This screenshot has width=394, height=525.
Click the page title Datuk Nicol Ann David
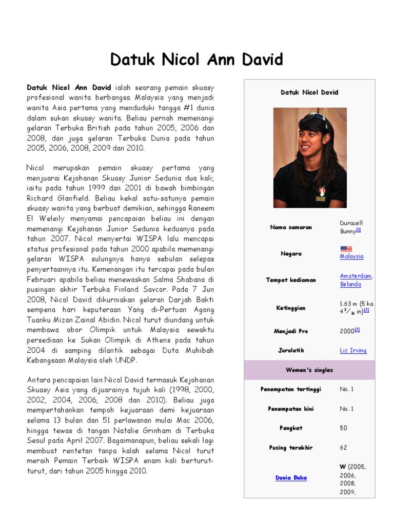tap(197, 60)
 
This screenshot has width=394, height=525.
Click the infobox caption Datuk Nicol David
tap(309, 92)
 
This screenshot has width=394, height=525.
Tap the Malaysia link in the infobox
tap(351, 256)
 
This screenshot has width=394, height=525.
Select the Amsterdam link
tap(356, 276)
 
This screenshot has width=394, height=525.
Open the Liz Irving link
tap(353, 351)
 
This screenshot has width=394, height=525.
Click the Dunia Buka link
tap(291, 478)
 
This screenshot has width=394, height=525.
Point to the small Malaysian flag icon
tap(346, 249)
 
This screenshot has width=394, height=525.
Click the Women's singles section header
tap(309, 370)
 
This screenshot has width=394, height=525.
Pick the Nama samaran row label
tap(291, 227)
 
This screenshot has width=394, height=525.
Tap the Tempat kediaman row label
tap(291, 280)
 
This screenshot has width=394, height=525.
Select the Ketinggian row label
tap(291, 308)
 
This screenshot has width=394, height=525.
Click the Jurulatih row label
tap(291, 351)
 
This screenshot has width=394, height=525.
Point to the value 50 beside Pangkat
tap(343, 428)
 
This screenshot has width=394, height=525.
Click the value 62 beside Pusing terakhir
tap(343, 447)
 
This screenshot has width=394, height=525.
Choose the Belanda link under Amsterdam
tap(350, 284)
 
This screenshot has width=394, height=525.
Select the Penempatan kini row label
tap(291, 409)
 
